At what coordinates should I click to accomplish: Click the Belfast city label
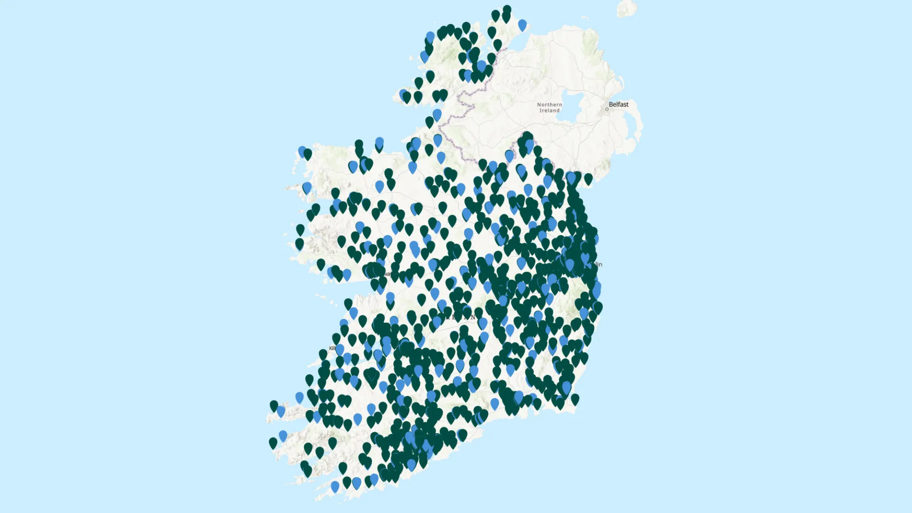pos(618,104)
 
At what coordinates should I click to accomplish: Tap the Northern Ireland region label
pos(549,107)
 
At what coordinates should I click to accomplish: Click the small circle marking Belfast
pos(607,109)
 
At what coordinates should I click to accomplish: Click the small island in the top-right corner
pos(627,8)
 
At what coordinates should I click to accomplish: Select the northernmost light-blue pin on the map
pos(522,24)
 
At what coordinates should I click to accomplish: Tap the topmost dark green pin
pos(507,10)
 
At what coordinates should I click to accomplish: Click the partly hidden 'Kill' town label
pos(332,348)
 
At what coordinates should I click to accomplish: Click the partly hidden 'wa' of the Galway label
pos(388,274)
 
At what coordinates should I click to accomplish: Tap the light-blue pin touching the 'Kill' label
pos(340,350)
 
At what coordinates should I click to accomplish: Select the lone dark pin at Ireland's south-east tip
pos(575,399)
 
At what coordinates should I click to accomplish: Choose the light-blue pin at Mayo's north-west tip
pos(302,151)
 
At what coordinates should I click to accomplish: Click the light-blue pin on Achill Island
pos(307,187)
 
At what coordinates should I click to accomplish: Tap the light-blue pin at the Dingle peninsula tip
pos(281,411)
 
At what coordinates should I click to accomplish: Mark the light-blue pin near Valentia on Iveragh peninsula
pos(283,435)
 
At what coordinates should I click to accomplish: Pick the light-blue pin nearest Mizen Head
pos(335,486)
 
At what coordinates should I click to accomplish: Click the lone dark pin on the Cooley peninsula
pos(588,179)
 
